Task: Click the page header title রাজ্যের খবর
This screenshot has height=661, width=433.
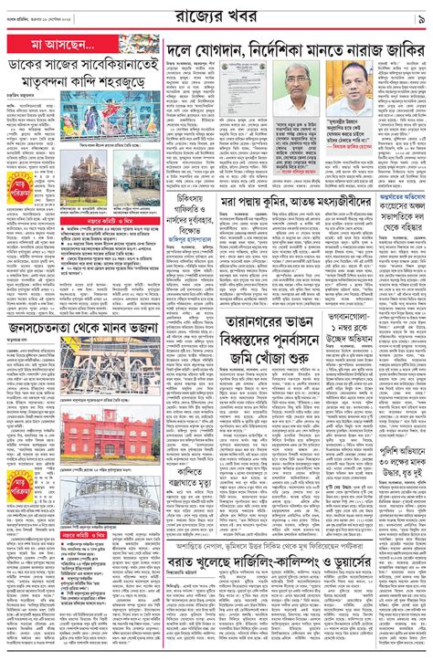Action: click(216, 16)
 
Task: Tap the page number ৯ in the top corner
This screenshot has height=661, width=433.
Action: click(417, 16)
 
